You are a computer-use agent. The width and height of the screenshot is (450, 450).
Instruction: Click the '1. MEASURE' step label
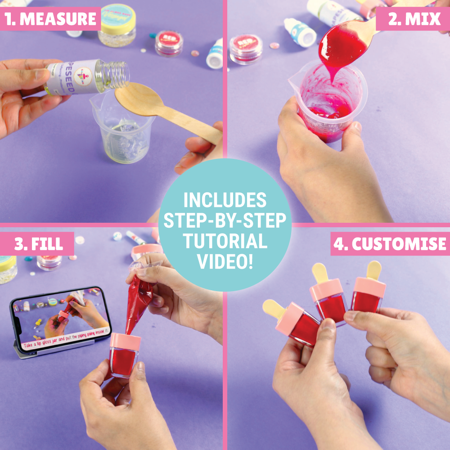(50, 19)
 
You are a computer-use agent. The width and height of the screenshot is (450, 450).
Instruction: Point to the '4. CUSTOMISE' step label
(390, 244)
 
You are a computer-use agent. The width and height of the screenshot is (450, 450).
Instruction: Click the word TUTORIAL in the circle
(225, 242)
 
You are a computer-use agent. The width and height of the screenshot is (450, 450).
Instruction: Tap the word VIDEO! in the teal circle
(225, 262)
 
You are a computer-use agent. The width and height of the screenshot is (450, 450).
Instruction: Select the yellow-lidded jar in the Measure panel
(117, 25)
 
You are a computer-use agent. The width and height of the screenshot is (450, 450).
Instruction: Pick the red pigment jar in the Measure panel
(169, 43)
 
